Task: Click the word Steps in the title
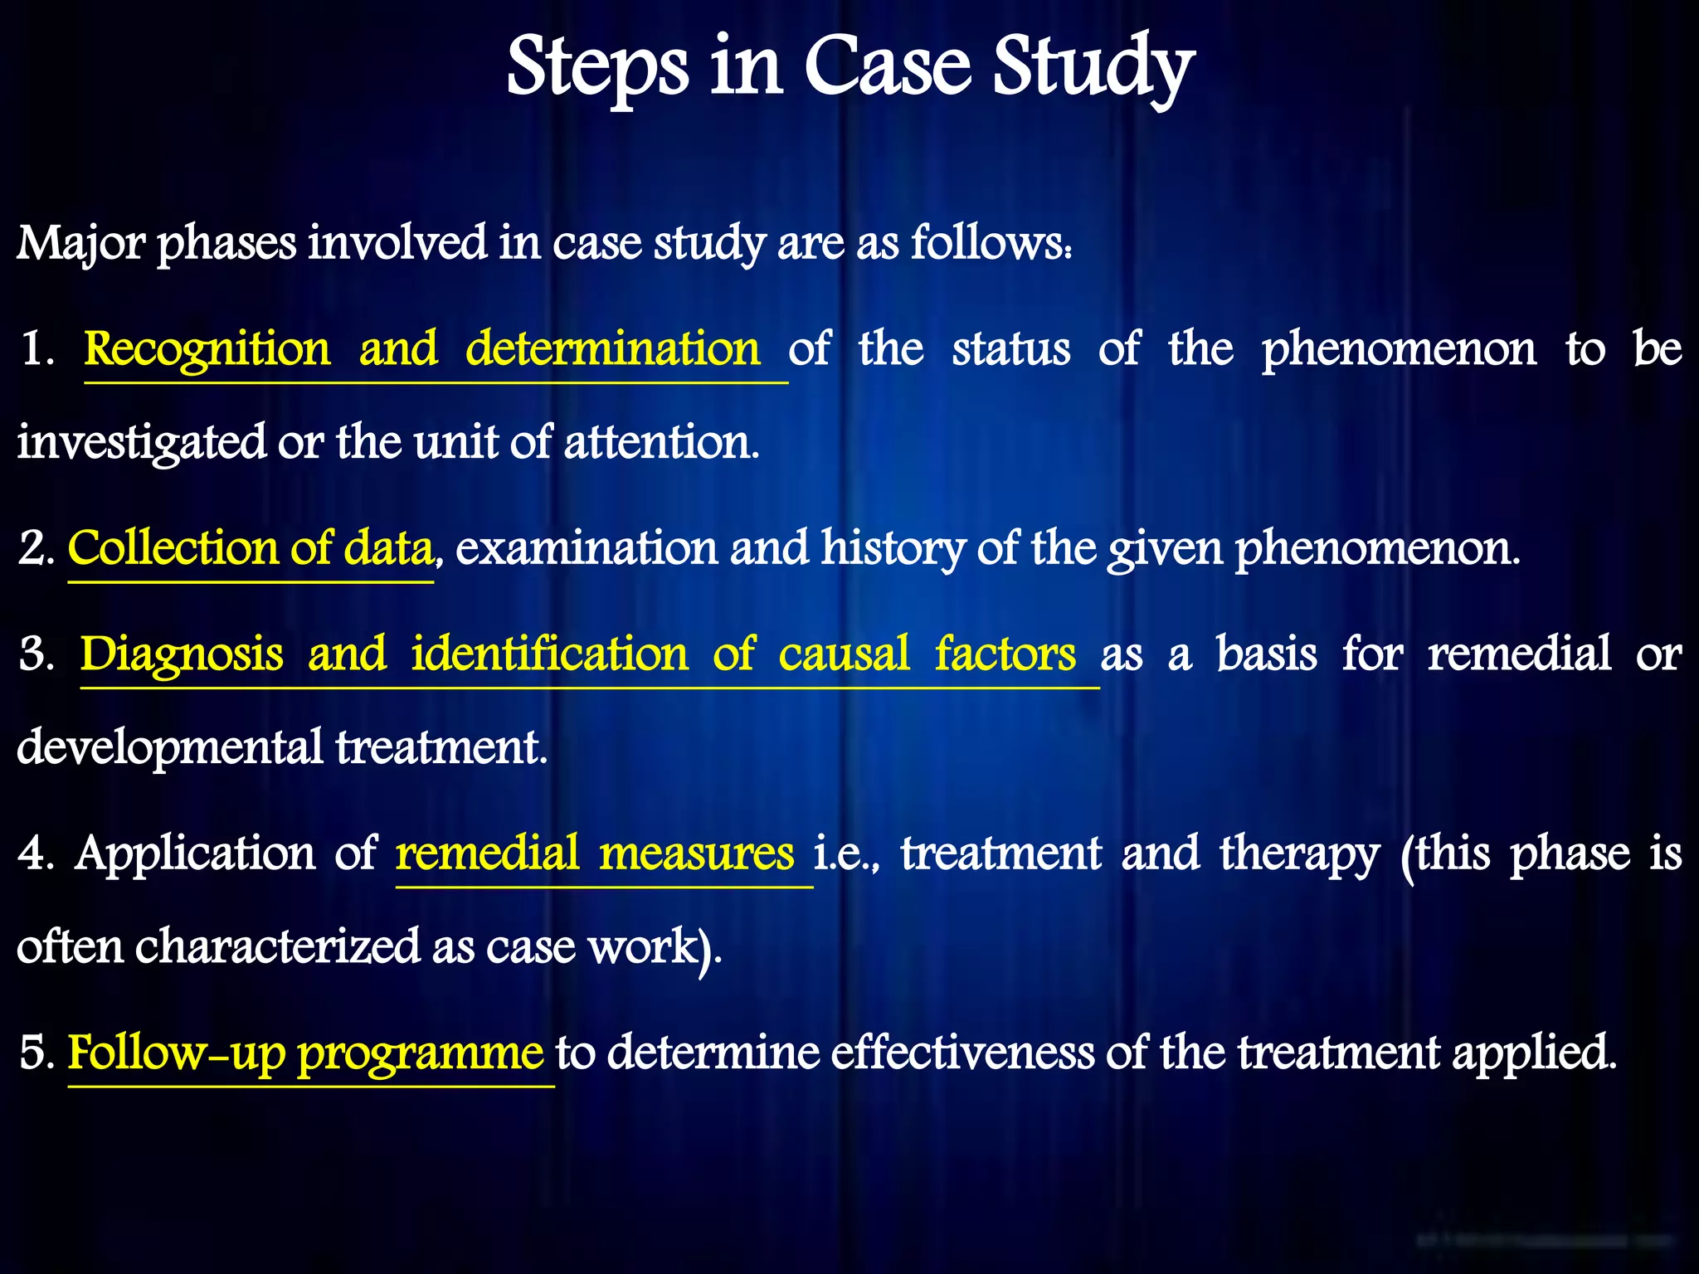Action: tap(596, 68)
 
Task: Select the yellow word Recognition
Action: tap(207, 349)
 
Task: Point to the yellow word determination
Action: tap(612, 348)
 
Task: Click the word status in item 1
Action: tap(1010, 348)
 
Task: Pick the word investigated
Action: tap(141, 442)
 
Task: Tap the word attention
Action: tap(661, 441)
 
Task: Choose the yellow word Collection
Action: tap(173, 548)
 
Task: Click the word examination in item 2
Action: tap(586, 548)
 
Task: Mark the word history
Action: tap(893, 550)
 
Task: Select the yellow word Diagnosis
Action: tap(182, 654)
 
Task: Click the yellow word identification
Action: tap(549, 654)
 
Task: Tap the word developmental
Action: tap(169, 747)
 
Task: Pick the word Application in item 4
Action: tap(195, 854)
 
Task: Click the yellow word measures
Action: tap(696, 853)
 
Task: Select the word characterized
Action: tap(277, 946)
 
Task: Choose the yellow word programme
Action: tap(421, 1054)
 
